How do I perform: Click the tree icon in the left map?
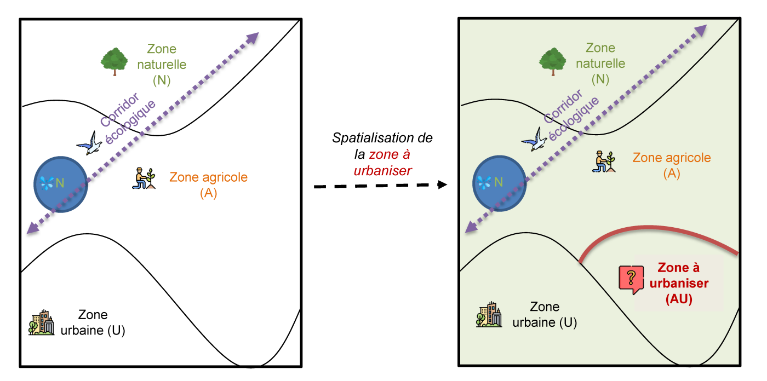click(114, 61)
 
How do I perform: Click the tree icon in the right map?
click(552, 61)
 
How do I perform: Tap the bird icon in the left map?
click(90, 143)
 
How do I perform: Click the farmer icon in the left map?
click(144, 178)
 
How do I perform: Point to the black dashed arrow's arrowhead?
click(443, 185)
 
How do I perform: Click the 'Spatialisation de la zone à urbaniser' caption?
click(382, 154)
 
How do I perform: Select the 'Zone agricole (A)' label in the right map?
click(672, 165)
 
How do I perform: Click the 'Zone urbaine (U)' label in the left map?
click(93, 322)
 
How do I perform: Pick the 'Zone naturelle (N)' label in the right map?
click(600, 63)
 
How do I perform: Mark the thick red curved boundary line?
click(657, 229)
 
